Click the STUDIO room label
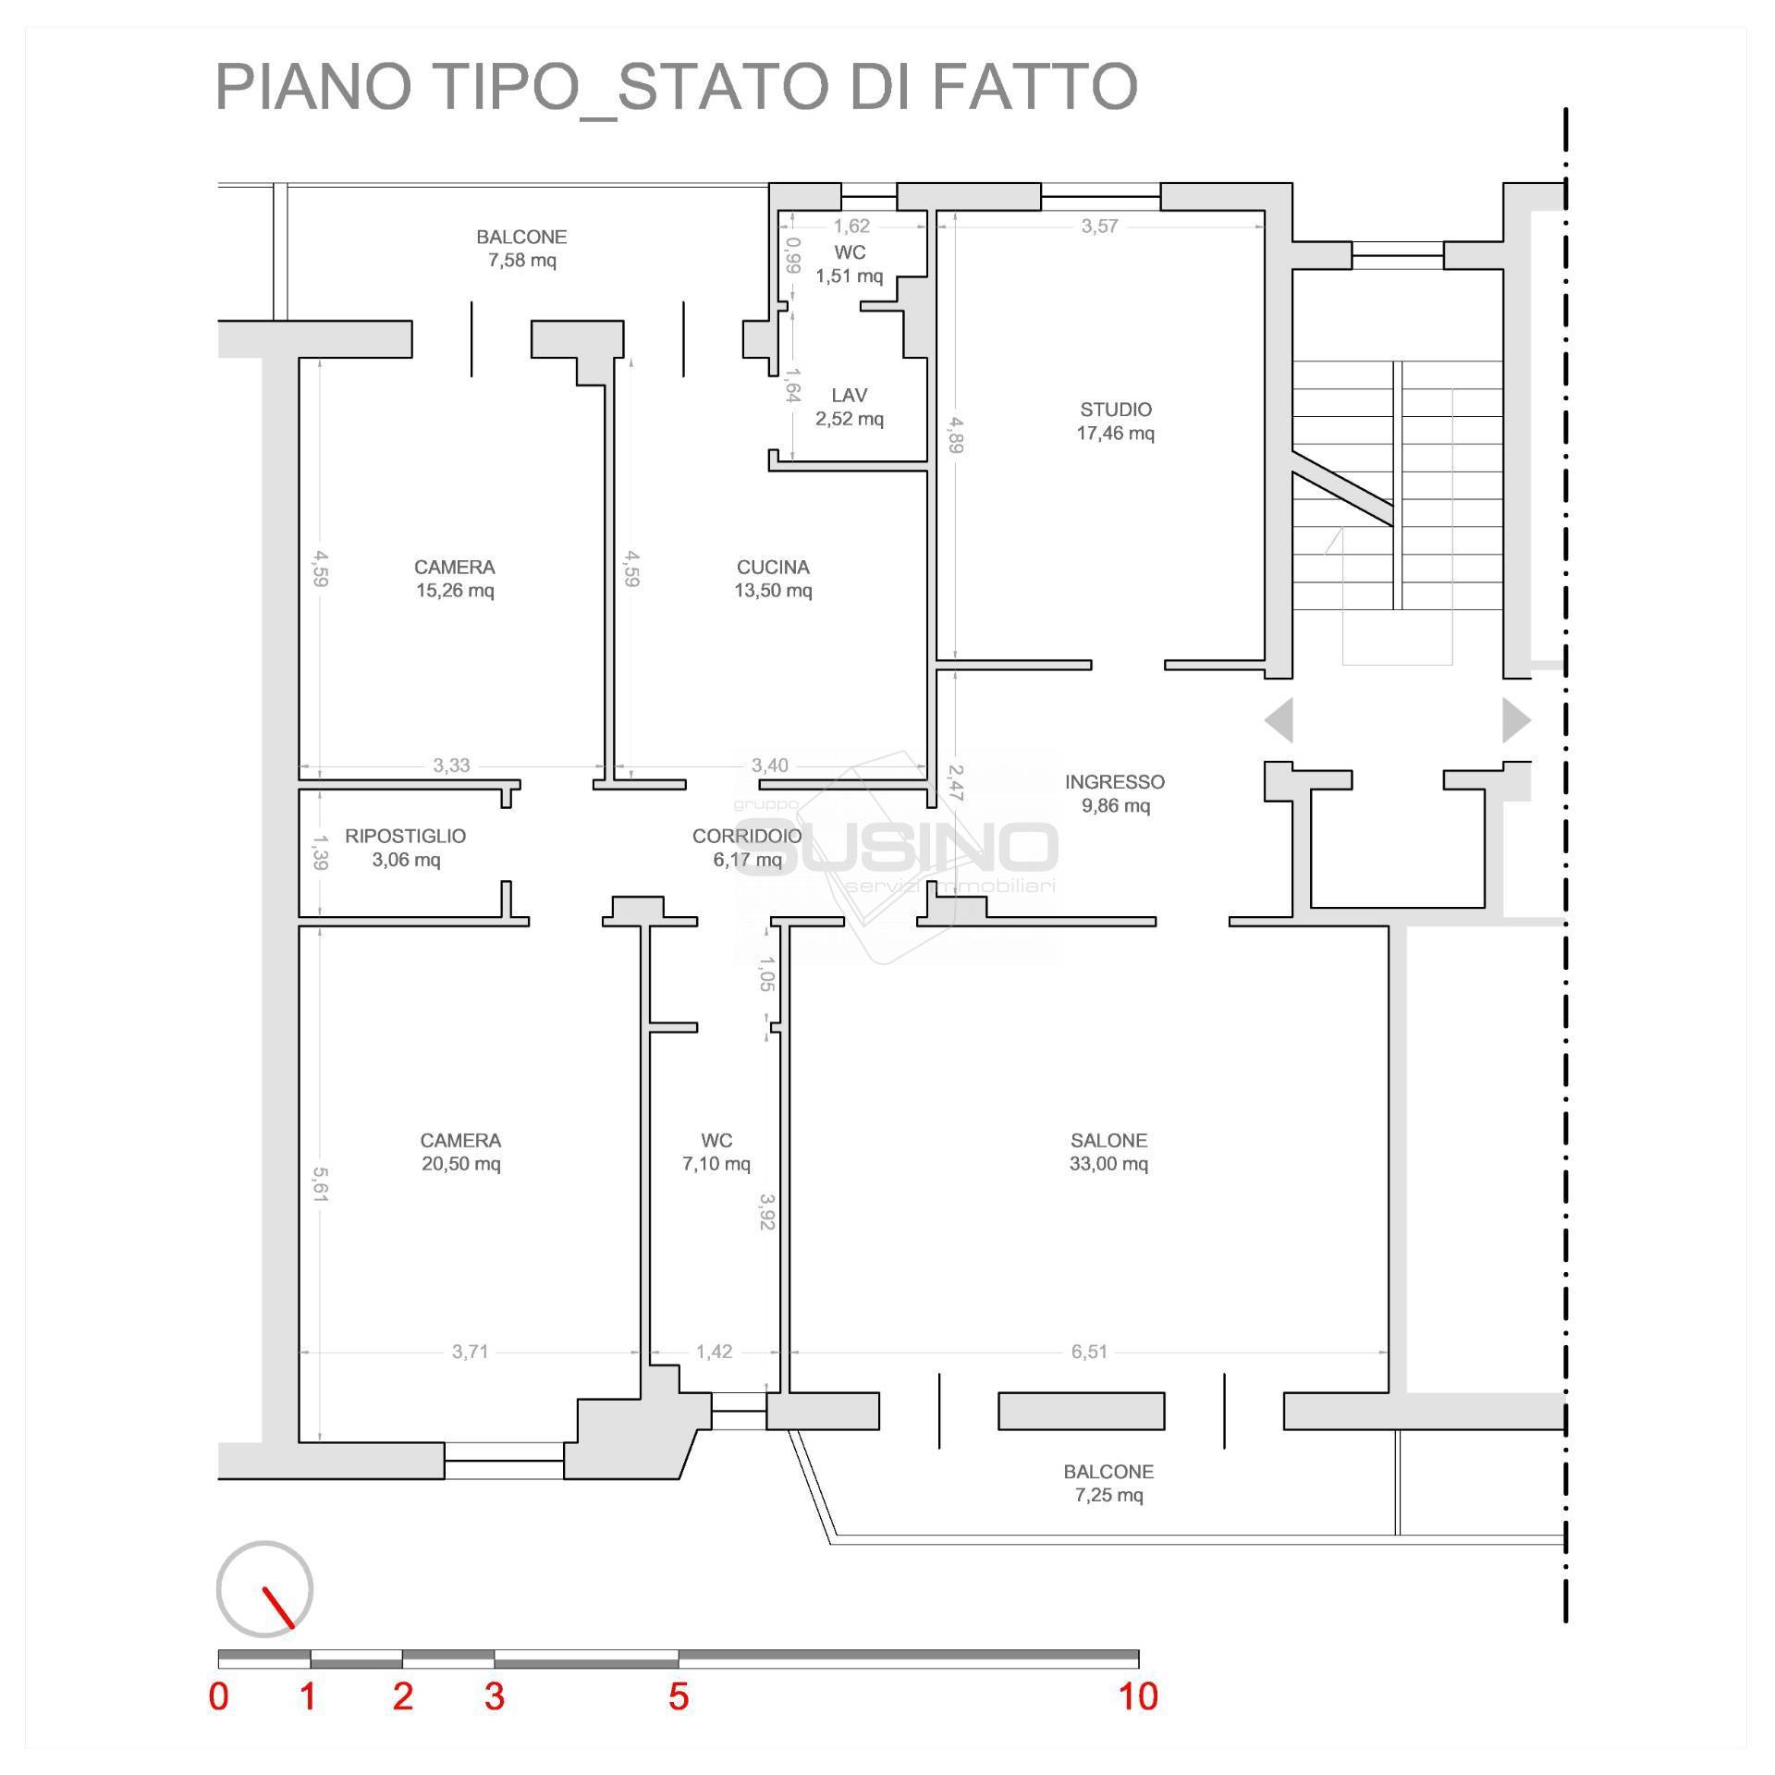tap(1116, 421)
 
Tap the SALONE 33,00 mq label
tap(1108, 1152)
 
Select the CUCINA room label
tap(773, 579)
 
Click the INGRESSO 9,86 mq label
tap(1115, 793)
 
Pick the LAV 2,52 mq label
tap(849, 407)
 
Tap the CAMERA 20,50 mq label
tap(460, 1152)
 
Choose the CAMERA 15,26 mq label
tap(454, 579)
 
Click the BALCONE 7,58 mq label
tap(521, 248)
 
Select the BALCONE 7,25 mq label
tap(1108, 1483)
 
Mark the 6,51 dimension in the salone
tap(1089, 1352)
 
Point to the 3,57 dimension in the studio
tap(1100, 226)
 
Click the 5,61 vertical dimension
tap(320, 1184)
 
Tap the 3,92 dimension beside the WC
tap(766, 1211)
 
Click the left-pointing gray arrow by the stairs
tap(1279, 720)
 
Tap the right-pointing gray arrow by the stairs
tap(1517, 720)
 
